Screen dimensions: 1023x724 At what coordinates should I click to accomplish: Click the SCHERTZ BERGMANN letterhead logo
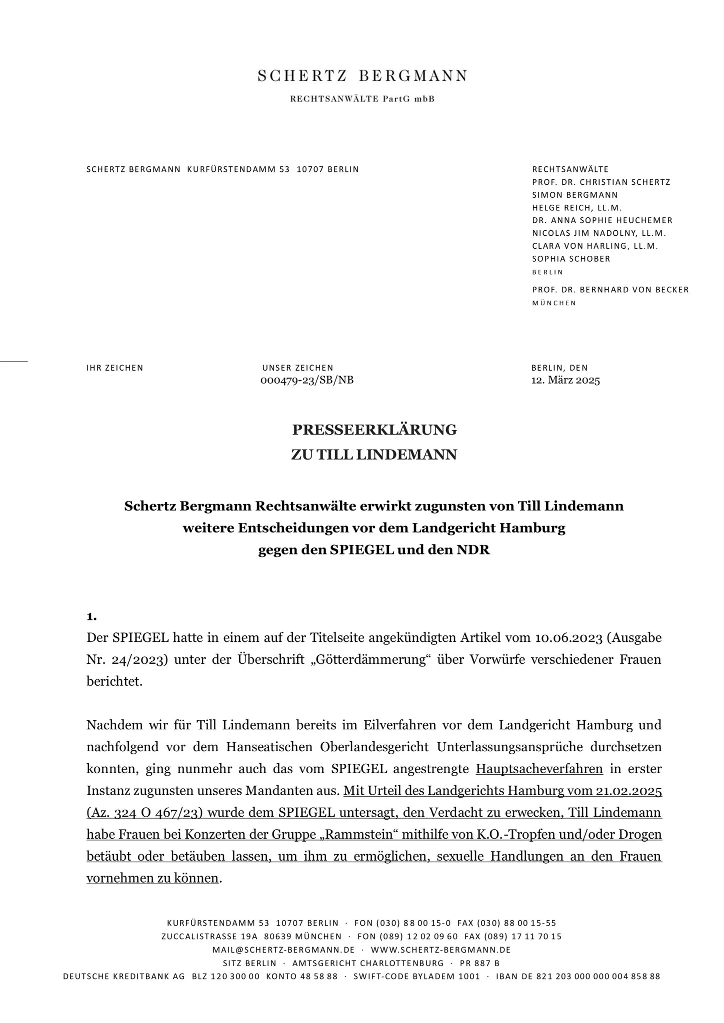coord(362,76)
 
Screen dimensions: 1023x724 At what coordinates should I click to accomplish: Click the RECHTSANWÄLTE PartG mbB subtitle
coord(362,99)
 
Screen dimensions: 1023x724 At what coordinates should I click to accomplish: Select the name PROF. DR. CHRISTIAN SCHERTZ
coord(601,182)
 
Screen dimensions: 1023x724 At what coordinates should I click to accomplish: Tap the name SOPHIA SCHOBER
coord(571,259)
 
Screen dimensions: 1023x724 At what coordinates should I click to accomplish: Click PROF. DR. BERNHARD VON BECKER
coord(610,290)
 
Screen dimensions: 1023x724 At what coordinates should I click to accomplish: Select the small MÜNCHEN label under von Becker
coord(554,303)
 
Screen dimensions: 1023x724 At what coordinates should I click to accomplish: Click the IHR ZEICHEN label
coord(114,368)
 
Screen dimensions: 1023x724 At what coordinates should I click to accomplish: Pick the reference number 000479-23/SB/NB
coord(307,380)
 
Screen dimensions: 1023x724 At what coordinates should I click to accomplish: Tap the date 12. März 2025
coord(565,380)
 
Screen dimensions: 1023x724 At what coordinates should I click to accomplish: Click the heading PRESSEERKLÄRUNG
coord(374,430)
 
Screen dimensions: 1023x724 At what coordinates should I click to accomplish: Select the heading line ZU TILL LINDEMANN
coord(374,455)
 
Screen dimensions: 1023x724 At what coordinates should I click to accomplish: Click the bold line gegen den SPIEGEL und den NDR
coord(374,550)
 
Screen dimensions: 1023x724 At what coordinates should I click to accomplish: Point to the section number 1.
coord(91,616)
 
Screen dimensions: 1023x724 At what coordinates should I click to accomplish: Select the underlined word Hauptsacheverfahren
coord(539,769)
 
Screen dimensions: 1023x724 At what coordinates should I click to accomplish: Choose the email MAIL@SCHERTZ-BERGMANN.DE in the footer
coord(283,950)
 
